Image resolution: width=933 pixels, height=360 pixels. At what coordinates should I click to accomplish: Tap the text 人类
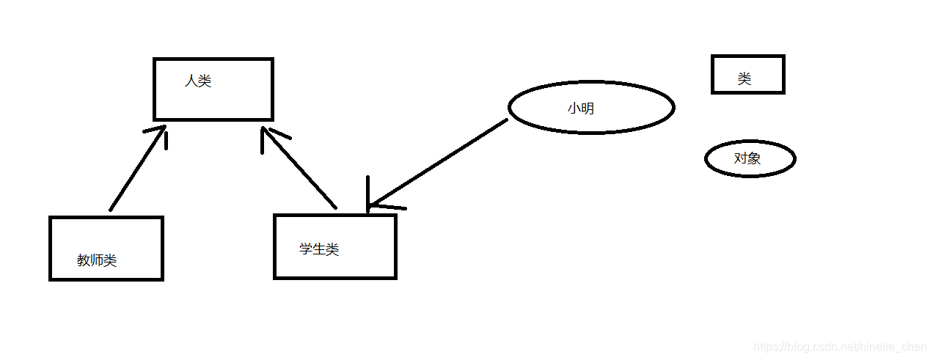coord(198,81)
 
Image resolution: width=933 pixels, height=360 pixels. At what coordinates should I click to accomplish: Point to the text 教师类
coord(97,260)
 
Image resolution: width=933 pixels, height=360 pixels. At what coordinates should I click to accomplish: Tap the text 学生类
coord(319,249)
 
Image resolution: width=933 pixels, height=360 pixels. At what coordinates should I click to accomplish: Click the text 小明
coord(581,109)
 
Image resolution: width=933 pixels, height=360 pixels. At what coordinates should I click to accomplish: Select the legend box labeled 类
coord(747,75)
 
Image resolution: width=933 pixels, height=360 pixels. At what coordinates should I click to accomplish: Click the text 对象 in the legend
coord(747,158)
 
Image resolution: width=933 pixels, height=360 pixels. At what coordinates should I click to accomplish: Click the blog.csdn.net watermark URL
coord(840,347)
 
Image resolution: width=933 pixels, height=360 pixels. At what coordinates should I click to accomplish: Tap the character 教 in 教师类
coord(84,260)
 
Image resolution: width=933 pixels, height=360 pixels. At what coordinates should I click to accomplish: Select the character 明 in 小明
coord(588,109)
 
